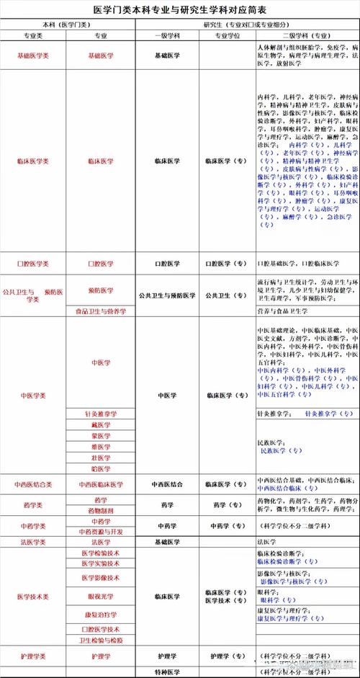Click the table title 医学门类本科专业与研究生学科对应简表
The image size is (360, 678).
(x=180, y=10)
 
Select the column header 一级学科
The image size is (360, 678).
(x=167, y=34)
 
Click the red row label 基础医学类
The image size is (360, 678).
(x=33, y=55)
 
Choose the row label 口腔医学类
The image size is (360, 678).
(x=33, y=264)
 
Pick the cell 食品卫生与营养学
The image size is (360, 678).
(x=101, y=311)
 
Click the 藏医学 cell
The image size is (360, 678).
(x=101, y=425)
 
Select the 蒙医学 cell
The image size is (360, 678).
(x=101, y=436)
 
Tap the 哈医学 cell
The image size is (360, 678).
(x=101, y=468)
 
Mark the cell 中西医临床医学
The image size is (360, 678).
(x=101, y=484)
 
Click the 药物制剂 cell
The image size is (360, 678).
(x=101, y=510)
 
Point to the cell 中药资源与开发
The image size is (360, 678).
(x=101, y=532)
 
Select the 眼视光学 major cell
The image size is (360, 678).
(x=101, y=597)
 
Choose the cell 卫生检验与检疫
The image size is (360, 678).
(x=101, y=640)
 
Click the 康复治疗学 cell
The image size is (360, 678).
(x=101, y=614)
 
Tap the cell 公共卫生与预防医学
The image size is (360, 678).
(x=167, y=295)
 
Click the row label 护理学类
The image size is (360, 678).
(x=33, y=656)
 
